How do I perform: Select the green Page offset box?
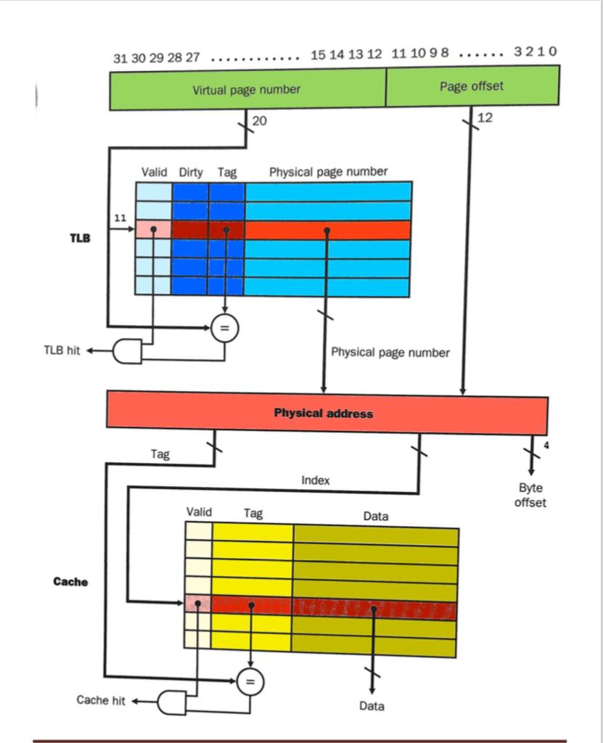coord(472,86)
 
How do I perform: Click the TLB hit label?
coord(62,351)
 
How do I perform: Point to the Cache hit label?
coord(101,700)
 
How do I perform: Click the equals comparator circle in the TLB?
coord(225,329)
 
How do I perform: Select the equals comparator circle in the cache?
coord(250,681)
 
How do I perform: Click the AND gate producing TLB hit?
coord(128,351)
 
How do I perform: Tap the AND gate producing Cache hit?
coord(171,702)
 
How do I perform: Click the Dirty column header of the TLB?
coord(191,173)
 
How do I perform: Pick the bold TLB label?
coord(80,237)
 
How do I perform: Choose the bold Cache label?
coord(70,581)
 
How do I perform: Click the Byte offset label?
coord(530,496)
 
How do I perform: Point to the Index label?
coord(316,480)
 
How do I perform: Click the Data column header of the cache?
coord(375,517)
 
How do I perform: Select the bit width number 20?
coord(260,121)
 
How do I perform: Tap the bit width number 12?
coord(485,118)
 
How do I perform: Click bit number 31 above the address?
coord(120,58)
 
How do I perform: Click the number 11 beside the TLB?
coord(120,218)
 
